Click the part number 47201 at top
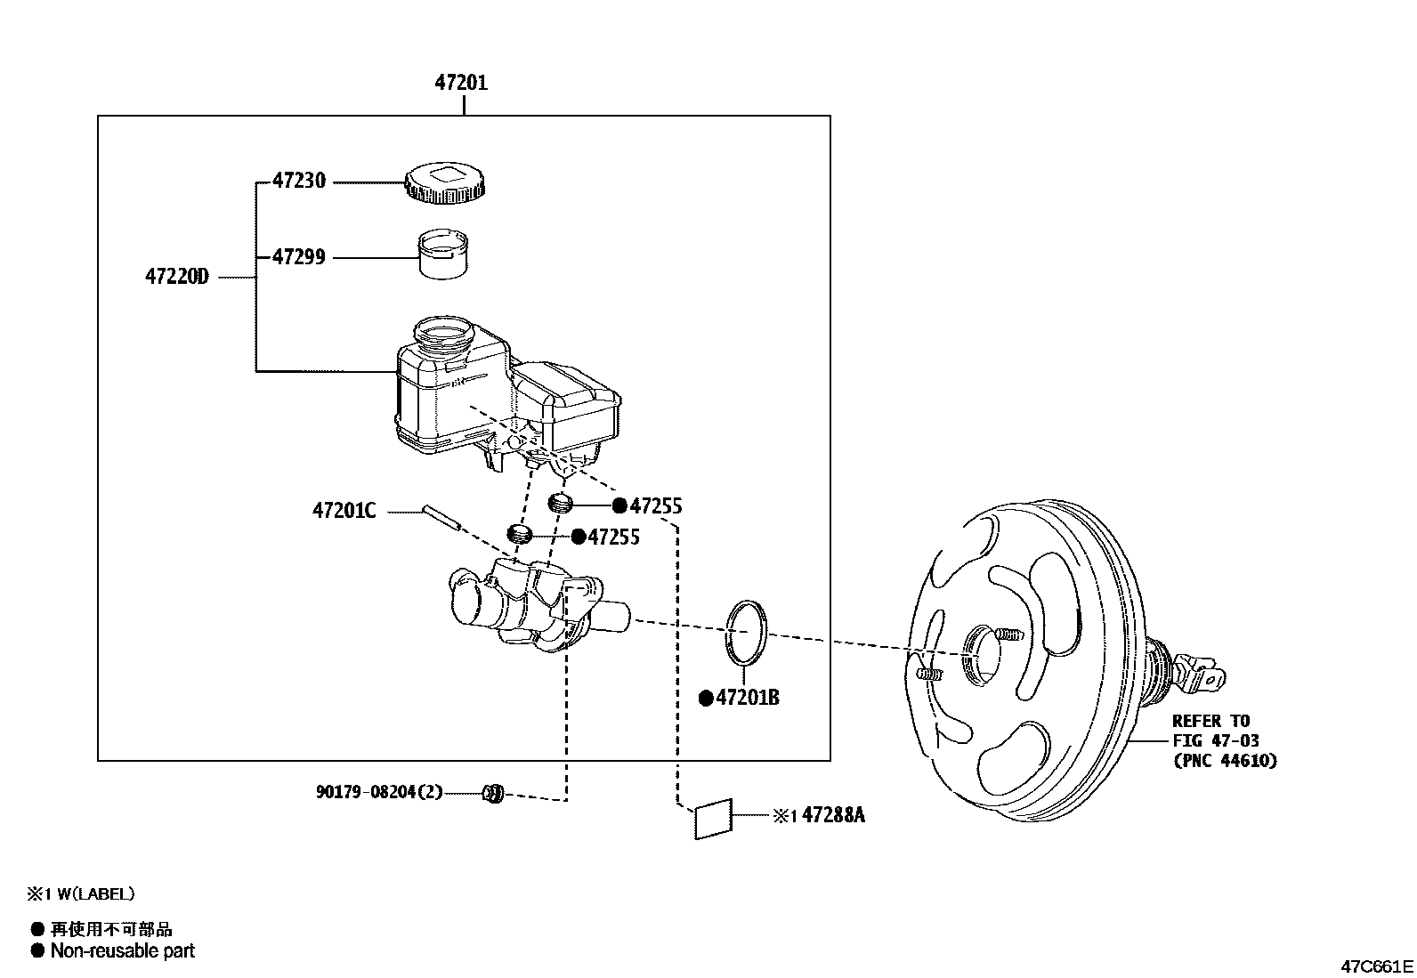(x=461, y=83)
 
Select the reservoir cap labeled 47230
(x=449, y=184)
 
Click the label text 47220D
(x=176, y=277)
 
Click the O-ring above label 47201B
(x=745, y=632)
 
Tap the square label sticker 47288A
(x=714, y=819)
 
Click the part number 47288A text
(x=833, y=815)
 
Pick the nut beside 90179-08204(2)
(x=493, y=793)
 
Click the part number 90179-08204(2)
(x=378, y=792)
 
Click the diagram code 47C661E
(x=1378, y=966)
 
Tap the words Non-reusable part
(x=122, y=951)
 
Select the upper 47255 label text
(x=655, y=506)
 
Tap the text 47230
(x=299, y=181)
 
